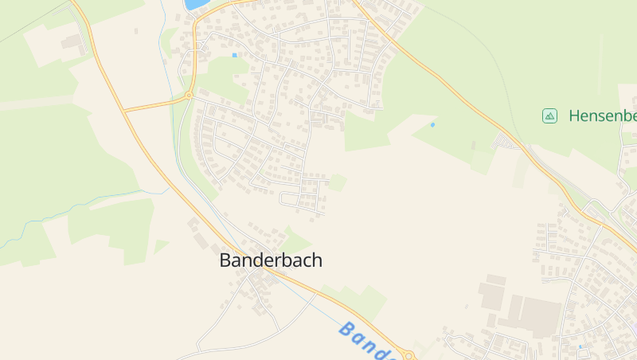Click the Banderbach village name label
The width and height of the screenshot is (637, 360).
point(271,260)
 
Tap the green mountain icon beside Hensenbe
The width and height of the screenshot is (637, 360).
point(549,115)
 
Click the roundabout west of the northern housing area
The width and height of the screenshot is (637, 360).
point(189,96)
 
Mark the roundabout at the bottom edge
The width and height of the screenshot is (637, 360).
point(409,355)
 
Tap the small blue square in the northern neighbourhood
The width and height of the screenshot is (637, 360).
point(234,55)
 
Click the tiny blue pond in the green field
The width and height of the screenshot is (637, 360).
point(432,124)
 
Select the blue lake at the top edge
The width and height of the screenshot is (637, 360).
point(194,4)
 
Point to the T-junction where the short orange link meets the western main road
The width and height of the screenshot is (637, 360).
point(125,111)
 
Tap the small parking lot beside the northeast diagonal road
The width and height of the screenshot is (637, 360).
point(505,142)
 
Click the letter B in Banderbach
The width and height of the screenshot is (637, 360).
point(225,260)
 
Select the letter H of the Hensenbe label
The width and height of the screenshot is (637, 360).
point(575,115)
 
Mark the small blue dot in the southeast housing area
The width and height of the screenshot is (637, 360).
point(580,346)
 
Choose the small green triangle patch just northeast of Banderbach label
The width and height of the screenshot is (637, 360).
point(295,239)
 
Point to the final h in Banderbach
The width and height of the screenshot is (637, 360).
point(317,260)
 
